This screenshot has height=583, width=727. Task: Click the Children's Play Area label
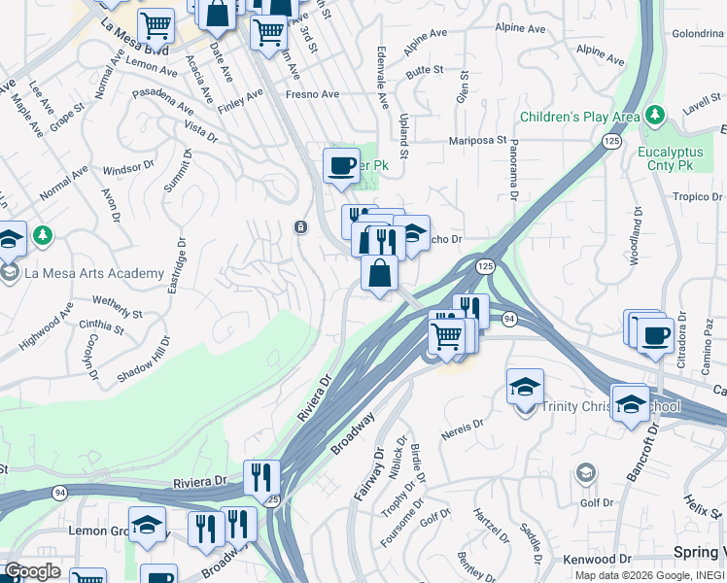tap(579, 118)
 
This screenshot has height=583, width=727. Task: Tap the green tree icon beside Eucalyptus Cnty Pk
tap(656, 117)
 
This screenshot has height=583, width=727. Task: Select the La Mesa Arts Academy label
tap(94, 273)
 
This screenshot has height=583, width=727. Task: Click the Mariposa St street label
tap(478, 140)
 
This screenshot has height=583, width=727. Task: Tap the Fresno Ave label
tap(311, 94)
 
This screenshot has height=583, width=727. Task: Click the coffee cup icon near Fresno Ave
tap(341, 166)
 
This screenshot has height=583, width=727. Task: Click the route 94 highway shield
tap(508, 319)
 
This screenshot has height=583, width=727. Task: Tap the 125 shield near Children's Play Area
tap(610, 142)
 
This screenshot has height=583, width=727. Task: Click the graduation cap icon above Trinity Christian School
tap(525, 387)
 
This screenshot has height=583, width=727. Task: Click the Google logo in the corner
tap(32, 571)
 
